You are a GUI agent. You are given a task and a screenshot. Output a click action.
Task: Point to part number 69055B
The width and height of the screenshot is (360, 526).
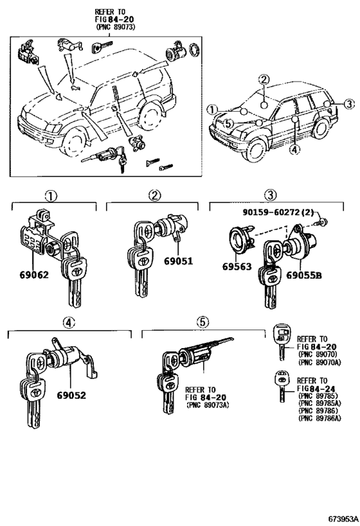pos(304,274)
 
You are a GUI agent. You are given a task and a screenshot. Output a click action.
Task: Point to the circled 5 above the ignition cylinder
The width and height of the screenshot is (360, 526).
pos(201,322)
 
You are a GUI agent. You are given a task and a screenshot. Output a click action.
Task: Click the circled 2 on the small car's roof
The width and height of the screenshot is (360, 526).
pos(263,80)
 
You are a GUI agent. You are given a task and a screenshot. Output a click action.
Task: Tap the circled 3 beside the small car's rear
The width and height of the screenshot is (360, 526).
pos(348,104)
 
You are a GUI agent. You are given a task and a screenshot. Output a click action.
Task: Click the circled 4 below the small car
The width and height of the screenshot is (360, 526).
pos(293,150)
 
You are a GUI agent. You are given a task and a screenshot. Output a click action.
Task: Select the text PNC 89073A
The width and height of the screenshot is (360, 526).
pos(208,405)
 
